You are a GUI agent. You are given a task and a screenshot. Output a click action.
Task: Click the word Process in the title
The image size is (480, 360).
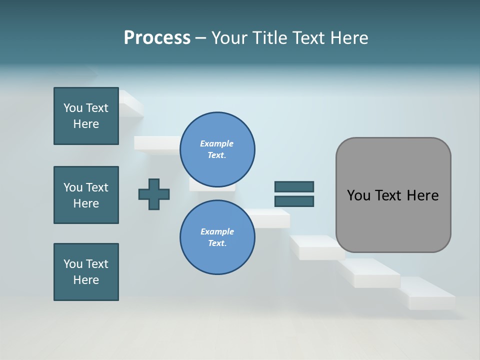(x=157, y=38)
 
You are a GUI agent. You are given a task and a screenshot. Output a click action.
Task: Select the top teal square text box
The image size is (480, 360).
(x=86, y=116)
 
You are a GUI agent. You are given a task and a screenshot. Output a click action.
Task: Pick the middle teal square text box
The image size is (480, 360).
(x=86, y=195)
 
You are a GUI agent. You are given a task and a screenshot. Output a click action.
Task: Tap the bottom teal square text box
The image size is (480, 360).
(x=86, y=272)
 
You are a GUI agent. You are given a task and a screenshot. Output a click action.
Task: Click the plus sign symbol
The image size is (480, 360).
(x=154, y=194)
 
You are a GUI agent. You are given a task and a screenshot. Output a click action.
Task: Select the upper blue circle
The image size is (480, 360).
(x=217, y=149)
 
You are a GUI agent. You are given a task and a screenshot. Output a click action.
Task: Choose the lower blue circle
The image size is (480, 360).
(x=217, y=237)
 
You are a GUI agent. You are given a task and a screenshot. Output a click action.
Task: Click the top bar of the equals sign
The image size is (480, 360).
(x=294, y=186)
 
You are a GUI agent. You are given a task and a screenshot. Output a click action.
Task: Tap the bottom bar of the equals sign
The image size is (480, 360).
(x=294, y=201)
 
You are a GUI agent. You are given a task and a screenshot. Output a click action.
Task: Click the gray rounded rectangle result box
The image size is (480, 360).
(x=393, y=220)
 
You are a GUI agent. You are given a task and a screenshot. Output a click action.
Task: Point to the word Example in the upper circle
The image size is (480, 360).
(x=217, y=143)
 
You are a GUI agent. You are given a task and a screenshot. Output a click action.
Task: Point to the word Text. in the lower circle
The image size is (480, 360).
(x=217, y=243)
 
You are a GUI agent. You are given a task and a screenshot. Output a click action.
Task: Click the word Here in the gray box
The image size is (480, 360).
(x=422, y=195)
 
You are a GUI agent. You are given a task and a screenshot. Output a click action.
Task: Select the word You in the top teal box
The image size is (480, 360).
(x=72, y=108)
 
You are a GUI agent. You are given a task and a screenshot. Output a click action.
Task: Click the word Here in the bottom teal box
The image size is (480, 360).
(x=86, y=280)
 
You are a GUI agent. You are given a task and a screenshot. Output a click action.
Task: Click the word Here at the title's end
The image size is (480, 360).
(x=346, y=38)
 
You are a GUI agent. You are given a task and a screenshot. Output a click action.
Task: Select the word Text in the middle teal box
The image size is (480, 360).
(x=96, y=187)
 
